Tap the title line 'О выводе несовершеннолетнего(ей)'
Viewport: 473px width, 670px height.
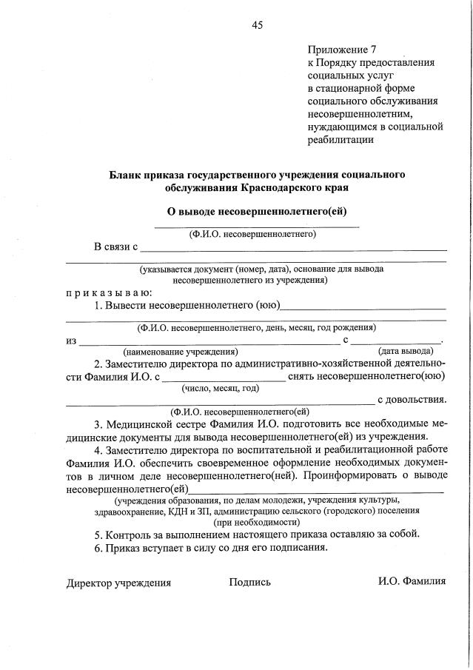tap(257, 212)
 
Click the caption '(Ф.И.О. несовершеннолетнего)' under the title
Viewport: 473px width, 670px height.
tap(252, 234)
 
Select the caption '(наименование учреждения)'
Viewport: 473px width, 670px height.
tap(180, 351)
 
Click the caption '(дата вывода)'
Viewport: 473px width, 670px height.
tap(405, 351)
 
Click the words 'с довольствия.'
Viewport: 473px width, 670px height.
tap(412, 400)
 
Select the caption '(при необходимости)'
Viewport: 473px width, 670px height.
tap(255, 521)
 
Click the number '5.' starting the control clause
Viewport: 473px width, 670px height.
tap(98, 535)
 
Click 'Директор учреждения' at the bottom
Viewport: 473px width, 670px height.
tap(118, 582)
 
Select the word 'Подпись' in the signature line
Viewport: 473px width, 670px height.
tap(249, 582)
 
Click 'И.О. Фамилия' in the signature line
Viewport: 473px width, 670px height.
tap(412, 581)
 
